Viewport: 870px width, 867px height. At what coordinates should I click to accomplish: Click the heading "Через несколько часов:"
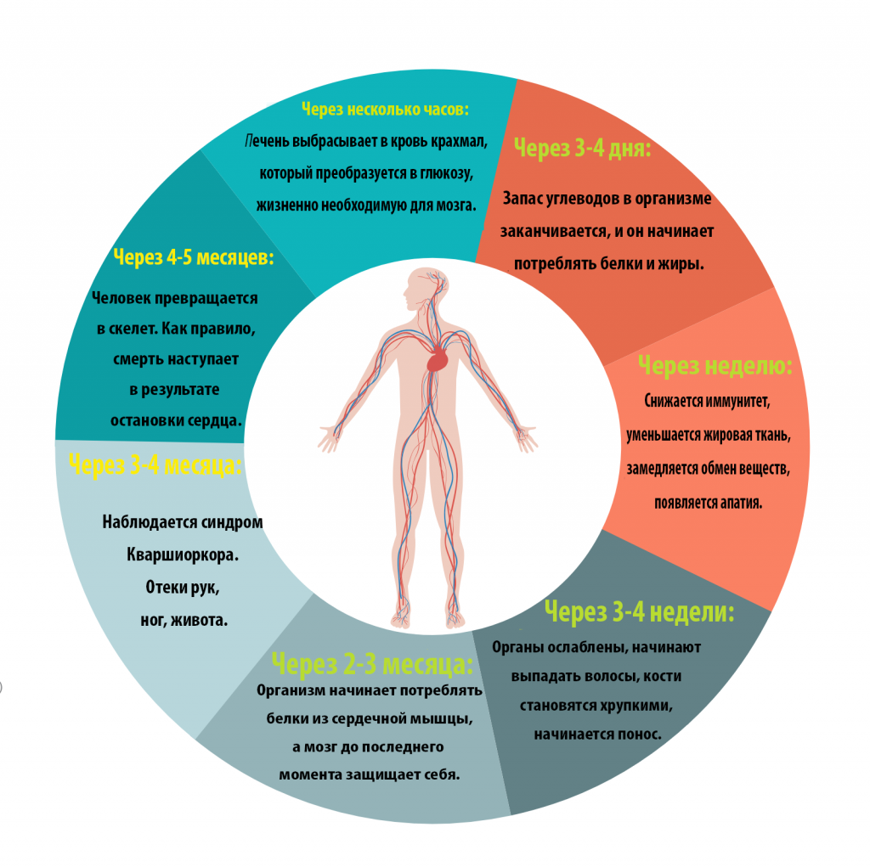(x=385, y=110)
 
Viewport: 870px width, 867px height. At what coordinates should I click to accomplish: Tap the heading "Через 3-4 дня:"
(x=582, y=148)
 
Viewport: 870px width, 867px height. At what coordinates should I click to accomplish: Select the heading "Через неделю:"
(x=715, y=365)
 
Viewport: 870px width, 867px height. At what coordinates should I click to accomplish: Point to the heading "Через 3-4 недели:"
(x=639, y=612)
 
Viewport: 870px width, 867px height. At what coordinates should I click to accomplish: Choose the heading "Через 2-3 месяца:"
(x=372, y=663)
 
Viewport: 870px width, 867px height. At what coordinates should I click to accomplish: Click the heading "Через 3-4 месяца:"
(x=155, y=464)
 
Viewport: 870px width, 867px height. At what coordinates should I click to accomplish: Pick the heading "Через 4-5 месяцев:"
(x=194, y=257)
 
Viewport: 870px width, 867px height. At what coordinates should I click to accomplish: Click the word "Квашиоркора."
(x=183, y=555)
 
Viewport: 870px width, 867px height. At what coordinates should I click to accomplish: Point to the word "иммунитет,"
(x=738, y=401)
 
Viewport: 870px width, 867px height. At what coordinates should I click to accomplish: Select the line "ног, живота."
(x=184, y=620)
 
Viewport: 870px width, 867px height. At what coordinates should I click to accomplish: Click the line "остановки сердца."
(x=177, y=420)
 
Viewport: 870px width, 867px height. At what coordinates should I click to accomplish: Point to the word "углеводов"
(x=588, y=199)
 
